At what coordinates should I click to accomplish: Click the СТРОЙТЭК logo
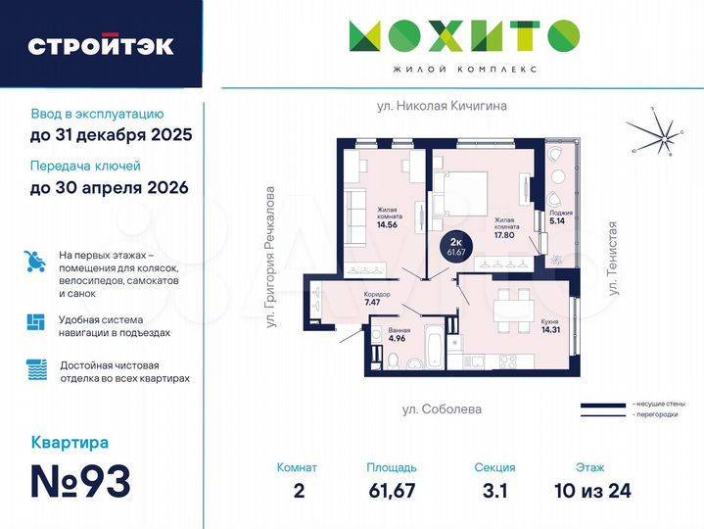click(101, 45)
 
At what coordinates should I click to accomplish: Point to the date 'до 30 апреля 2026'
click(109, 186)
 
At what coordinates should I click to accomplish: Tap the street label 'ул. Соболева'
click(443, 409)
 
